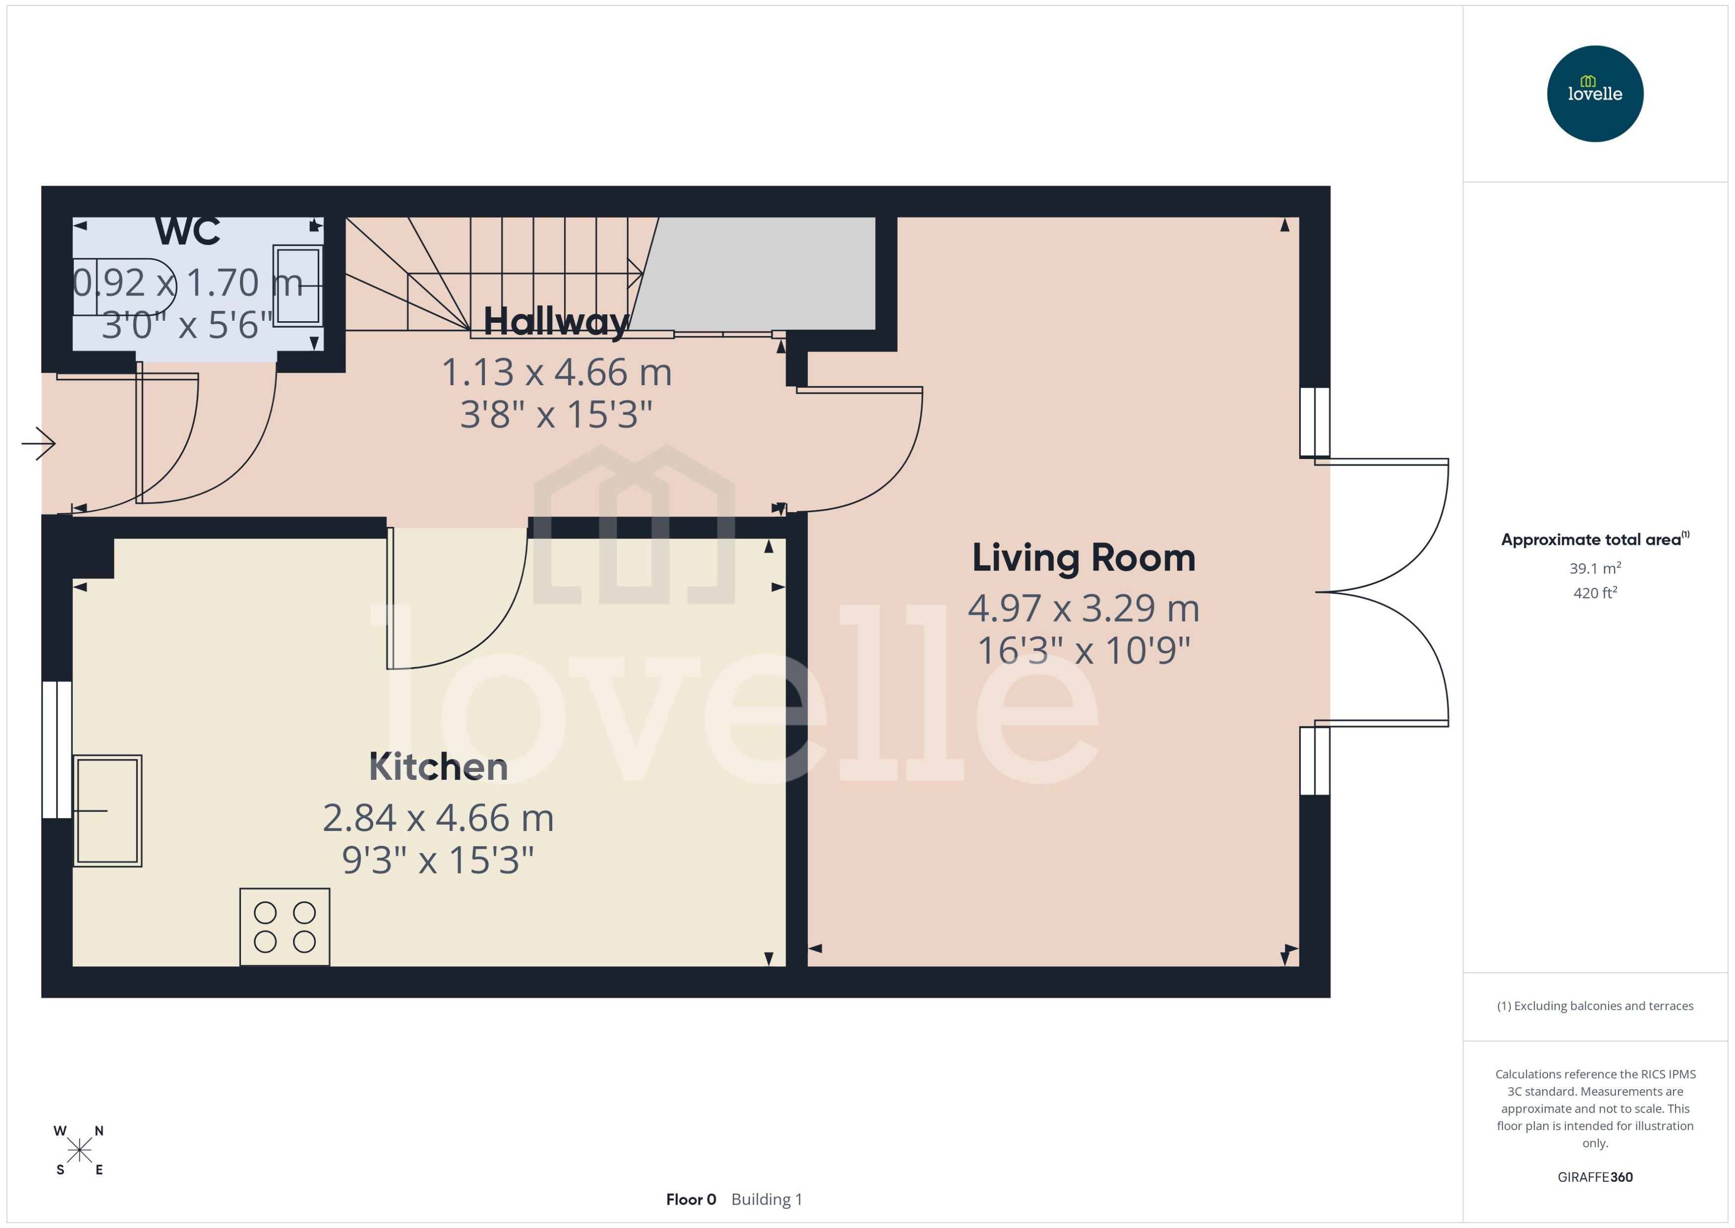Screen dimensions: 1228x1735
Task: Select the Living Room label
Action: point(1083,558)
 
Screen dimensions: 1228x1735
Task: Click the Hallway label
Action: point(556,321)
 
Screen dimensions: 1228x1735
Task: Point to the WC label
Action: point(187,232)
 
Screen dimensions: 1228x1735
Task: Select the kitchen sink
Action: point(108,810)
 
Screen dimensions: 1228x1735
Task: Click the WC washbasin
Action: point(297,286)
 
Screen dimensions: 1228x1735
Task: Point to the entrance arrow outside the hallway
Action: point(38,443)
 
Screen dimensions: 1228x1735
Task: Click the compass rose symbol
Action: point(79,1150)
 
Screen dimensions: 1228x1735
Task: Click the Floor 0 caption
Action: point(690,1199)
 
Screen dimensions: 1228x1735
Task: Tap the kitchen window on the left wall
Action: point(57,750)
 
